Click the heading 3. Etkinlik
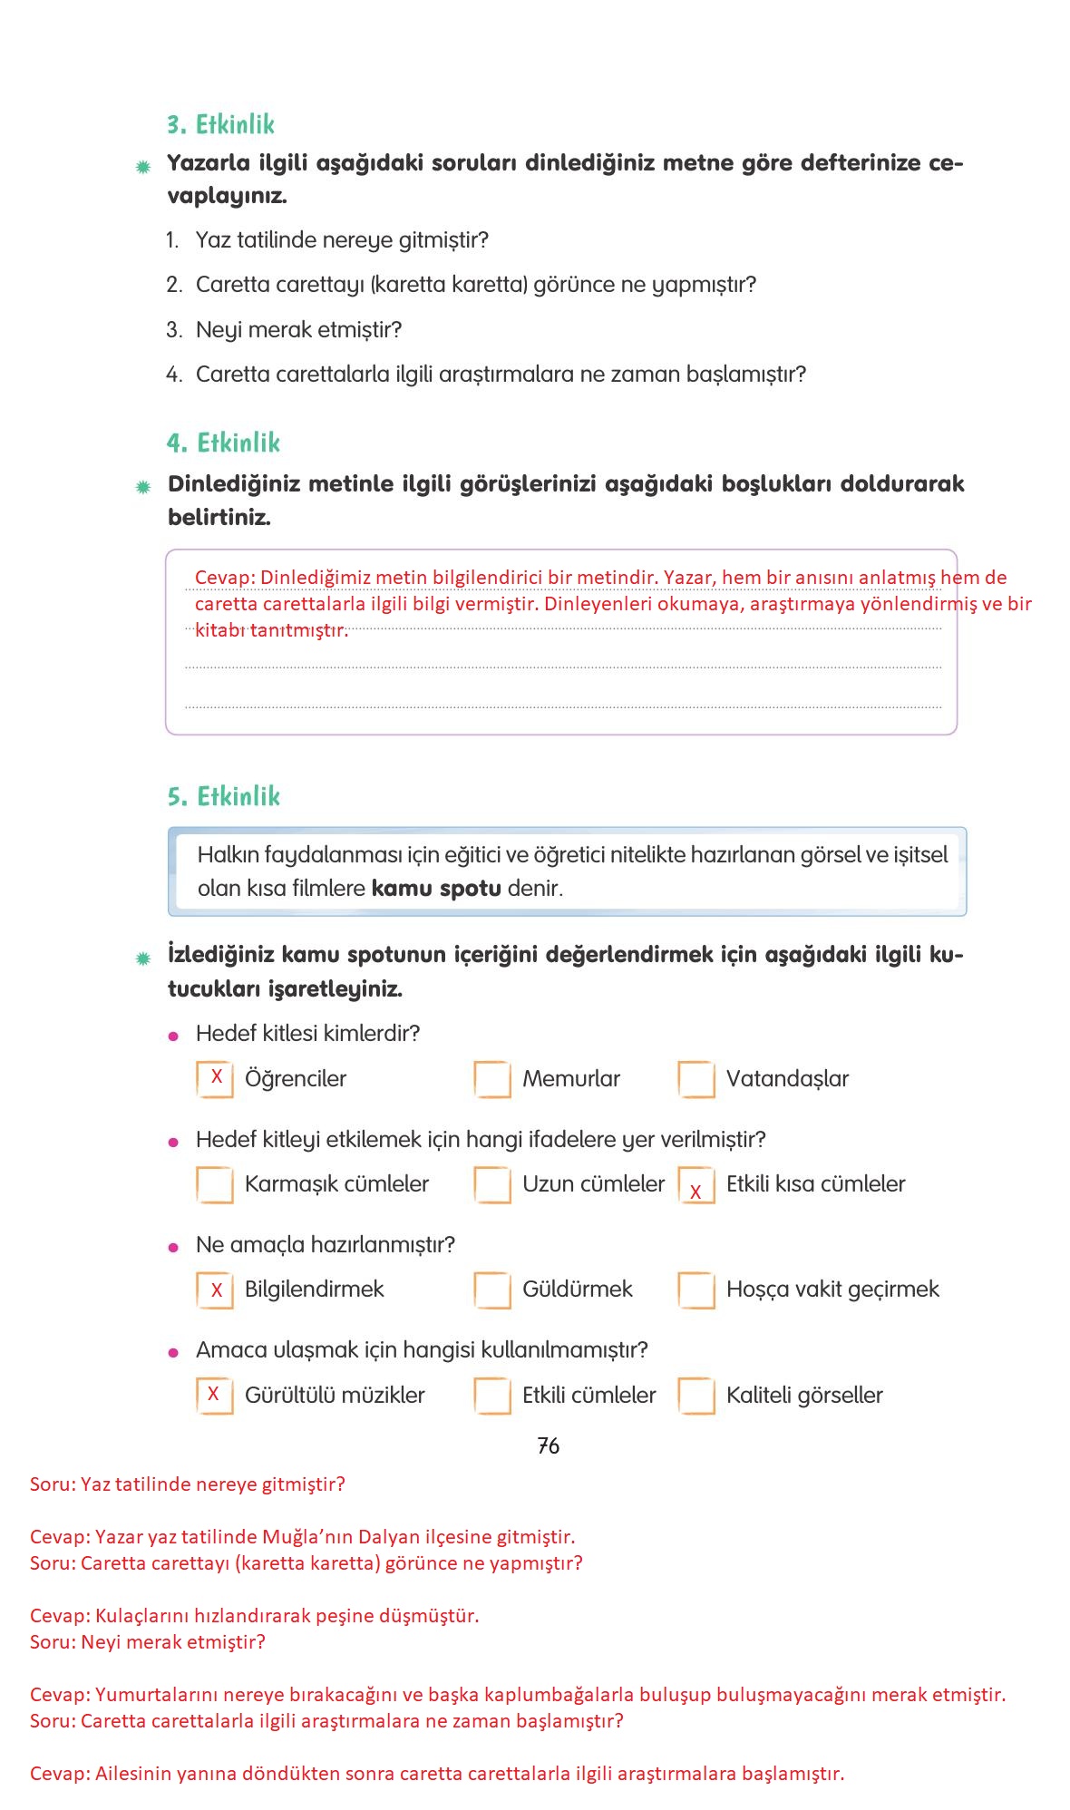(x=220, y=124)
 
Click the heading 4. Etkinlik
(x=223, y=443)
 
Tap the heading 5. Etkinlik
(x=223, y=796)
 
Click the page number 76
(x=548, y=1445)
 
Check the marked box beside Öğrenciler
(x=215, y=1079)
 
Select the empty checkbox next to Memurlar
(x=492, y=1079)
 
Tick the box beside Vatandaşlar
(x=696, y=1079)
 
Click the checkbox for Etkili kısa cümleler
(x=696, y=1185)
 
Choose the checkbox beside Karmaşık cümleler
(x=215, y=1184)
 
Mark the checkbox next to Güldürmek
(x=492, y=1289)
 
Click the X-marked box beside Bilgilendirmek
(x=215, y=1289)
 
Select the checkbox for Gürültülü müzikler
(x=215, y=1396)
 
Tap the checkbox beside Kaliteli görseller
(x=696, y=1396)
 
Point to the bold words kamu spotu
(x=436, y=888)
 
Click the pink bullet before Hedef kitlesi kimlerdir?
(x=174, y=1036)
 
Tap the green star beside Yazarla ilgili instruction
(x=143, y=167)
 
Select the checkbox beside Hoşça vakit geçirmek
(x=696, y=1289)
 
